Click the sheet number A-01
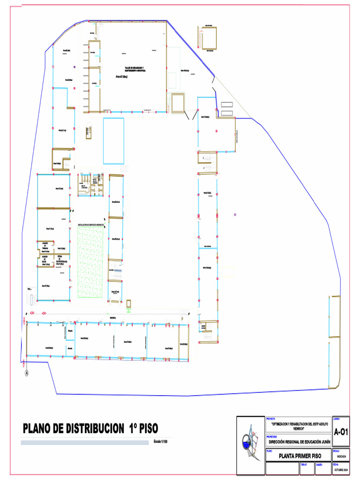[x=341, y=432]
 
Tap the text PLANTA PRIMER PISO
[x=300, y=456]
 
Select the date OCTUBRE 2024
[x=341, y=470]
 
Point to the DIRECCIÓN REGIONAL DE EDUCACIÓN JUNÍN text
[x=300, y=442]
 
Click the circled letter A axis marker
[x=26, y=373]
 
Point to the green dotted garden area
[x=90, y=262]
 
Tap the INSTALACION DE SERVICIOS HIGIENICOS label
[x=90, y=225]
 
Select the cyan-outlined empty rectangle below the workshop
[x=113, y=141]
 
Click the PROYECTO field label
[x=271, y=418]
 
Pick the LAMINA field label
[x=337, y=418]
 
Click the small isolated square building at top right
[x=209, y=37]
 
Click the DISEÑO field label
[x=319, y=465]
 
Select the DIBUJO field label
[x=304, y=465]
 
